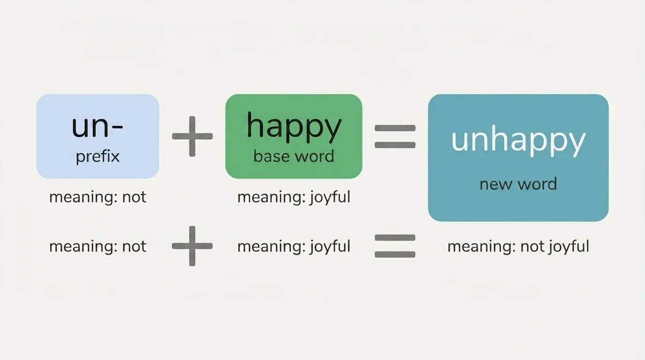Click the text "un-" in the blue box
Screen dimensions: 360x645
pos(97,126)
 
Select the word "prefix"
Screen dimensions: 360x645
pos(97,156)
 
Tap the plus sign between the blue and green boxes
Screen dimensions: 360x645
pos(192,136)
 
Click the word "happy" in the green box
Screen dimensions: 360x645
pos(294,127)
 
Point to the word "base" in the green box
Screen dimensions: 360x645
pos(270,156)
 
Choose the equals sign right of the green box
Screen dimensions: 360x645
pos(395,136)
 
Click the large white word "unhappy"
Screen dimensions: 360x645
pos(518,140)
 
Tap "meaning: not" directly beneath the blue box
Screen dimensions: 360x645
pos(97,197)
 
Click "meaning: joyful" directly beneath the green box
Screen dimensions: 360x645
pos(294,197)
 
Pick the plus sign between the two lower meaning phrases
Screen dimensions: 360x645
pos(192,246)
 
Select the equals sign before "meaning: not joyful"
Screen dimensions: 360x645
pos(395,246)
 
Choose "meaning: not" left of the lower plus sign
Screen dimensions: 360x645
pos(97,247)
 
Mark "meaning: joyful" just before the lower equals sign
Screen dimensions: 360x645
pos(294,247)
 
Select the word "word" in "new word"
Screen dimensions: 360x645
pos(538,184)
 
